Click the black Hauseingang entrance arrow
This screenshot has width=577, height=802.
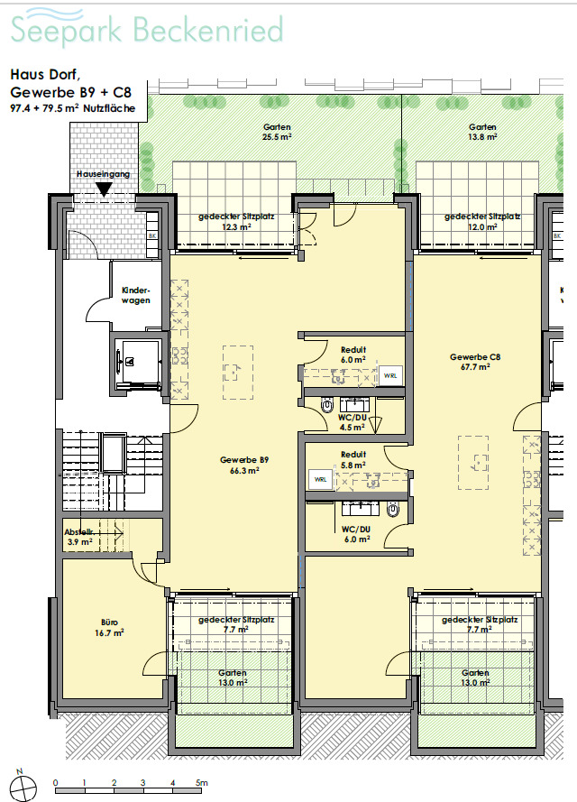coord(105,190)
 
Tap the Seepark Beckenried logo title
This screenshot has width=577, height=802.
coord(147,28)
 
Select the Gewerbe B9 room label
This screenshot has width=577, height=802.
coord(244,465)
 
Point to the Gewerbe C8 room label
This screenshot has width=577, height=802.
coord(475,362)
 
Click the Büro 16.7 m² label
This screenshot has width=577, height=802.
coord(109,628)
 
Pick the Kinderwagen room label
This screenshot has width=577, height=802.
coord(136,295)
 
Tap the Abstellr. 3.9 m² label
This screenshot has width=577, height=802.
coord(79,537)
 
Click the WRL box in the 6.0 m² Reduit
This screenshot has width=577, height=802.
coord(390,375)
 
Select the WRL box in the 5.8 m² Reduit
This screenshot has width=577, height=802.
coord(320,480)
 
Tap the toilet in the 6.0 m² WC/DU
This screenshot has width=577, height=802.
coord(393,510)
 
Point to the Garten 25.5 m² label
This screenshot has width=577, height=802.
coord(277,132)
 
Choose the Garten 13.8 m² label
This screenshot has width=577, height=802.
coord(483,132)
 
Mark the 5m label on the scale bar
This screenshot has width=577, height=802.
coord(202,782)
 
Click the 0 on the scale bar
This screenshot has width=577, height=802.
coord(55,782)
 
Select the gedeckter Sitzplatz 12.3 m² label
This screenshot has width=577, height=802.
coord(236,221)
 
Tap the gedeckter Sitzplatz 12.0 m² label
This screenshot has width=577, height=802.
coord(482,221)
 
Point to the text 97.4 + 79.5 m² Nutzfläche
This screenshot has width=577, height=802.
coord(73,108)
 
